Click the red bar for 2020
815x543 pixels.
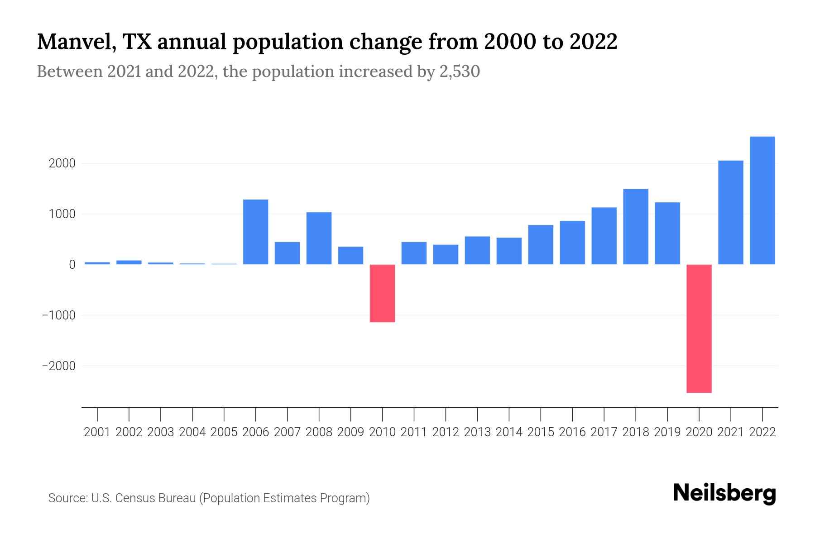tap(699, 329)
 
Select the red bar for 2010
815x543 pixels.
tap(382, 293)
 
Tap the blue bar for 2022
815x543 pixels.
tap(762, 200)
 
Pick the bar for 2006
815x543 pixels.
tap(256, 232)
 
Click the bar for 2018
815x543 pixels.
tap(636, 227)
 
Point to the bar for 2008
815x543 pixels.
tap(319, 238)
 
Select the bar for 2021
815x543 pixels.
tap(731, 212)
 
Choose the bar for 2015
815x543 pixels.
tap(541, 244)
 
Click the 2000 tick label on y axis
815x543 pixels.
tap(62, 163)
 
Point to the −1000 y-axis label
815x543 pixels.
tap(58, 315)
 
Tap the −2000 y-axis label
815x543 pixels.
tap(58, 366)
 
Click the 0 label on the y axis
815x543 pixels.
tap(72, 265)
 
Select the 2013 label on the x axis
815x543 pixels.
tap(477, 432)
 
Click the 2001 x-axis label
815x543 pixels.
tap(97, 432)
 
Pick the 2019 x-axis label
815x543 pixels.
tap(667, 432)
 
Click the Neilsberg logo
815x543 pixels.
tap(724, 493)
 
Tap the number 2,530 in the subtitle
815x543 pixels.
tap(460, 71)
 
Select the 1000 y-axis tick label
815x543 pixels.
tap(62, 214)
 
